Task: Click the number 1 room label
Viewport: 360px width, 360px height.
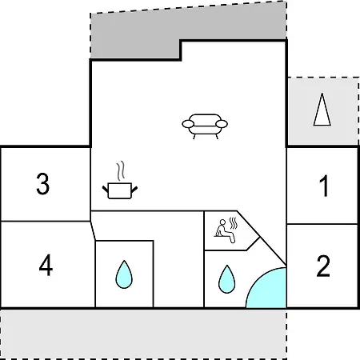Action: (324, 186)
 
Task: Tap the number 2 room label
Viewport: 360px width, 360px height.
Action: (323, 266)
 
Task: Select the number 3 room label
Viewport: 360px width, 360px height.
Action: (43, 184)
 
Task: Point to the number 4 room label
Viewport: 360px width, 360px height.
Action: (46, 265)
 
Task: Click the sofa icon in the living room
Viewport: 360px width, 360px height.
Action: (205, 126)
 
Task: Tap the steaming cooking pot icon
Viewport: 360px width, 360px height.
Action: (120, 180)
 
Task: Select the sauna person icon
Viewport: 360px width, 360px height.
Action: (225, 231)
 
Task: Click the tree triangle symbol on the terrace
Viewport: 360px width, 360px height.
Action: (322, 110)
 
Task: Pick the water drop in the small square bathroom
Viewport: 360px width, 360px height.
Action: (124, 274)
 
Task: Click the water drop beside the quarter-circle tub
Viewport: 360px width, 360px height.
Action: (227, 279)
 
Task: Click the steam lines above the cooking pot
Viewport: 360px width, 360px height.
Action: (121, 170)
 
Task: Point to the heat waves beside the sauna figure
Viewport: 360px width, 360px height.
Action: (234, 223)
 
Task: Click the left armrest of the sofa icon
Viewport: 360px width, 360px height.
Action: (188, 124)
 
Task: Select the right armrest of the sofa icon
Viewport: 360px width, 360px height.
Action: (222, 124)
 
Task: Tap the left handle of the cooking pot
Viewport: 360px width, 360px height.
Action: (106, 190)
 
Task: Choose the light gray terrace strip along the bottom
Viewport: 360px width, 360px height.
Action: (143, 334)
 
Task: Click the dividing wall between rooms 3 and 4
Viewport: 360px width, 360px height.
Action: (46, 221)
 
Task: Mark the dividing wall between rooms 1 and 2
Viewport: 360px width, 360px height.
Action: (322, 224)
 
